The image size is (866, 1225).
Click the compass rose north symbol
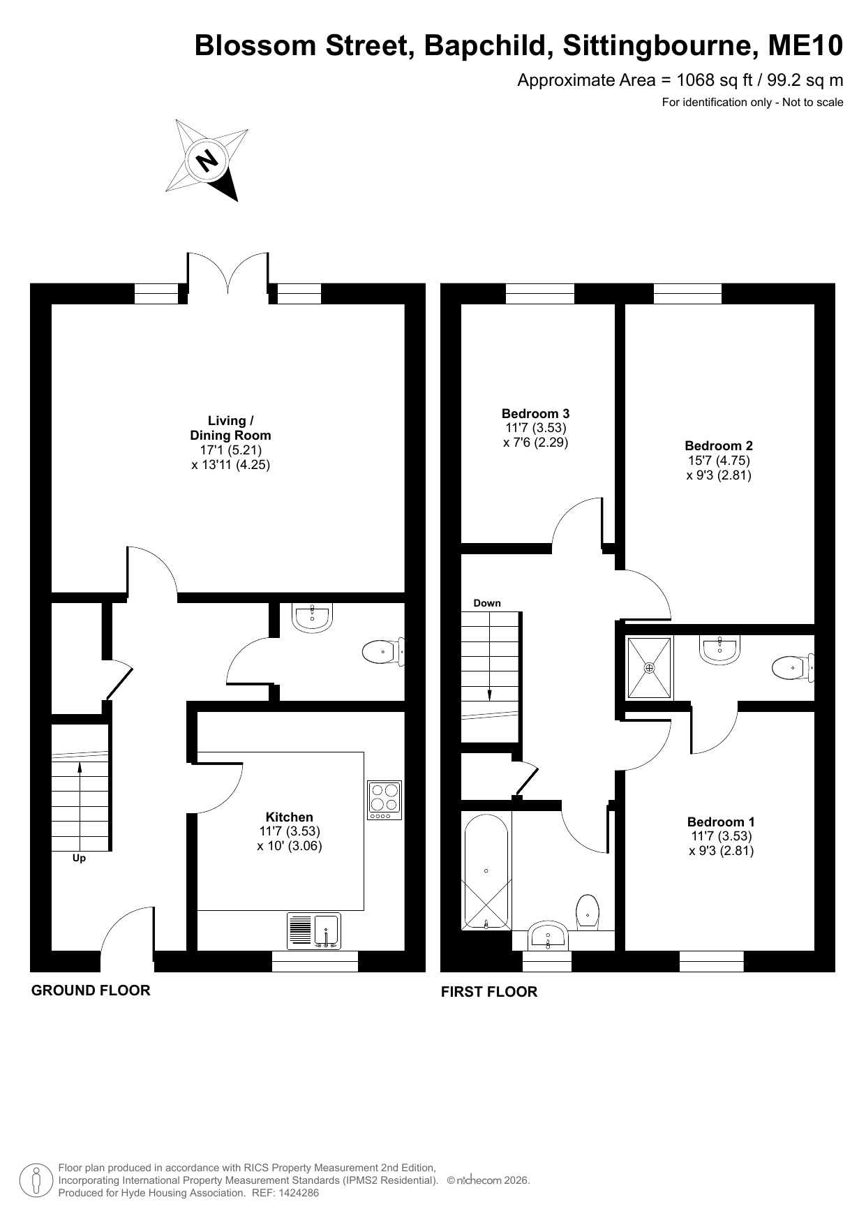207,161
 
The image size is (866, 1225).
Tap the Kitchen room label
290,817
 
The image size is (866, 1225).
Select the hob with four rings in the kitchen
385,800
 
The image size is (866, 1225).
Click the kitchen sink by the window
314,931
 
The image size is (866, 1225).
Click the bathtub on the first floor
486,870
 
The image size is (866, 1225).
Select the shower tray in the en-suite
650,667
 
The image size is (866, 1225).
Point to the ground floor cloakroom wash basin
311,618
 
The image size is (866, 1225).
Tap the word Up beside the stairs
79,858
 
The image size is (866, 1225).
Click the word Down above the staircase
487,603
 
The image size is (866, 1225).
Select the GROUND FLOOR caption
91,990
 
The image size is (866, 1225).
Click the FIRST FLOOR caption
489,992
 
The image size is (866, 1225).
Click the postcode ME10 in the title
805,46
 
